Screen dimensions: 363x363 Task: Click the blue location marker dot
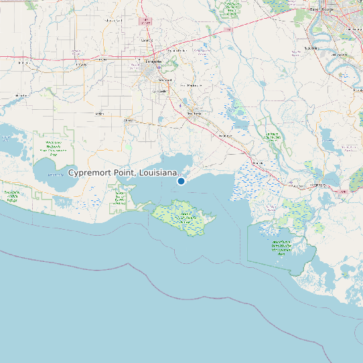click(x=181, y=181)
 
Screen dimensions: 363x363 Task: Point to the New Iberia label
click(x=194, y=113)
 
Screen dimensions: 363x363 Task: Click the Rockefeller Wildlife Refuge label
click(x=11, y=196)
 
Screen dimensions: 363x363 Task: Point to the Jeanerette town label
click(x=223, y=135)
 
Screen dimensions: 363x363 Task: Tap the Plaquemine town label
click(x=310, y=48)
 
